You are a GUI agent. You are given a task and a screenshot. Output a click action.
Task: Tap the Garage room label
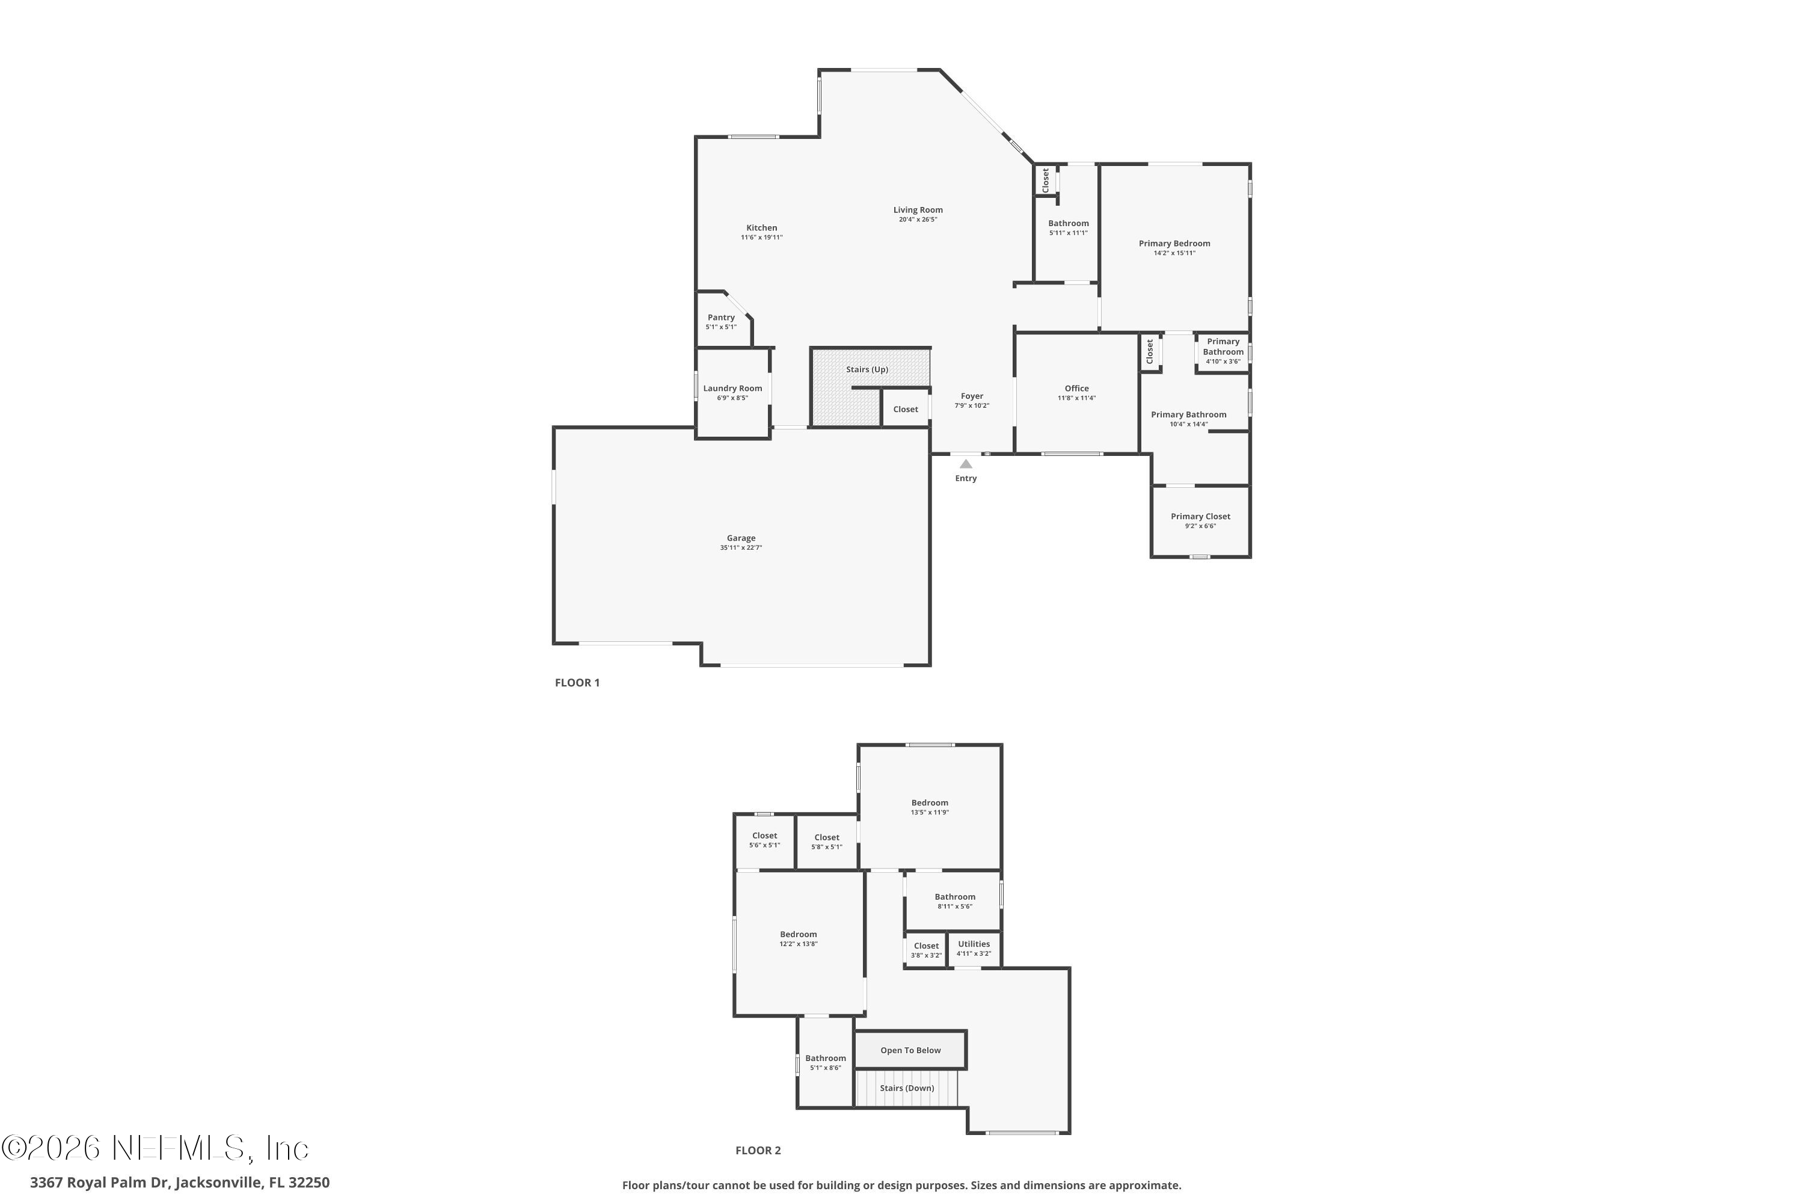(x=741, y=538)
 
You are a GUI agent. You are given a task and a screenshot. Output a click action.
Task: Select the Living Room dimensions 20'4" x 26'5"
(x=918, y=220)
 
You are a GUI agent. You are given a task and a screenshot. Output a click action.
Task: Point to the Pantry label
(x=721, y=318)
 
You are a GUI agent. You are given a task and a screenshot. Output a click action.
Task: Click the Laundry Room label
(x=732, y=388)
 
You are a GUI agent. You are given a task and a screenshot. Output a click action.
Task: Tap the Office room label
(x=1076, y=388)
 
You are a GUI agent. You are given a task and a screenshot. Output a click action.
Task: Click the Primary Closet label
(x=1200, y=516)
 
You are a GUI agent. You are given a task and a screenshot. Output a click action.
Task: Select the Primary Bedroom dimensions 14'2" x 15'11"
(x=1174, y=253)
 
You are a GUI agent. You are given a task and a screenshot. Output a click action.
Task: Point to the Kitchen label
(x=762, y=228)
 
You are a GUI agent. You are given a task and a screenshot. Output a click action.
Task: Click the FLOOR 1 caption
(x=577, y=683)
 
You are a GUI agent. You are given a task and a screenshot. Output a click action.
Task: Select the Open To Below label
(x=910, y=1050)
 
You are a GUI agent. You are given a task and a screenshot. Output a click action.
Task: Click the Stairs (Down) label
(x=907, y=1088)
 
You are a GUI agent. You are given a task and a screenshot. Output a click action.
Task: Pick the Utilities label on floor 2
(x=974, y=944)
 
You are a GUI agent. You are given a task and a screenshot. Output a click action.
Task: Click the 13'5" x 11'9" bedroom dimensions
(x=930, y=813)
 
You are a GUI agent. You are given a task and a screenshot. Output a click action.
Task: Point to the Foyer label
(x=972, y=396)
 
